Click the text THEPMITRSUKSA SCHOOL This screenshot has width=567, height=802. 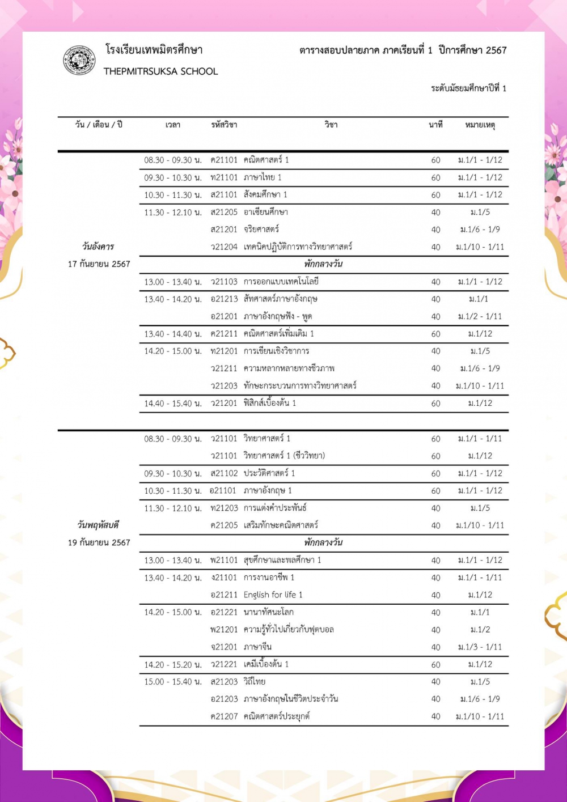pyautogui.click(x=160, y=71)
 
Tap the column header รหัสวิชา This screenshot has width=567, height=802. pyautogui.click(x=224, y=125)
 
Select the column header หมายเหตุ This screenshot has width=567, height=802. pyautogui.click(x=480, y=125)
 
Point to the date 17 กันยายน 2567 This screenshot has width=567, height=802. pyautogui.click(x=99, y=264)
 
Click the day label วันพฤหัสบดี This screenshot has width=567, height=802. pyautogui.click(x=99, y=525)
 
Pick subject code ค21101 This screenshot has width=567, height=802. pyautogui.click(x=224, y=160)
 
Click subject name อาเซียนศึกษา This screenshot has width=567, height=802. pyautogui.click(x=266, y=212)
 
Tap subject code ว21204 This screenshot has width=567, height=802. pyautogui.click(x=224, y=247)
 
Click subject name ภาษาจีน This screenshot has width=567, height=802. pyautogui.click(x=257, y=647)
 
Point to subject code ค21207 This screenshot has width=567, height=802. pyautogui.click(x=224, y=716)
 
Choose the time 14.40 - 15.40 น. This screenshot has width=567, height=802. pyautogui.click(x=172, y=404)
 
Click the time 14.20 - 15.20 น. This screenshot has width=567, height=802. pyautogui.click(x=172, y=664)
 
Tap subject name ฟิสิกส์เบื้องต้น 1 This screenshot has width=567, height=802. pyautogui.click(x=270, y=403)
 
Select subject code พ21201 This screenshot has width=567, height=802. pyautogui.click(x=224, y=630)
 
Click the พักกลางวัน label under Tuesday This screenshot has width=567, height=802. pyautogui.click(x=323, y=264)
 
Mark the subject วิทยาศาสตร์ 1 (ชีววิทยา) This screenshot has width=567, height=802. pyautogui.click(x=284, y=456)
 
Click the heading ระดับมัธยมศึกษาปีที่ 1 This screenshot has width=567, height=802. pyautogui.click(x=468, y=88)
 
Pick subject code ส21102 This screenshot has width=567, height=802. pyautogui.click(x=224, y=473)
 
